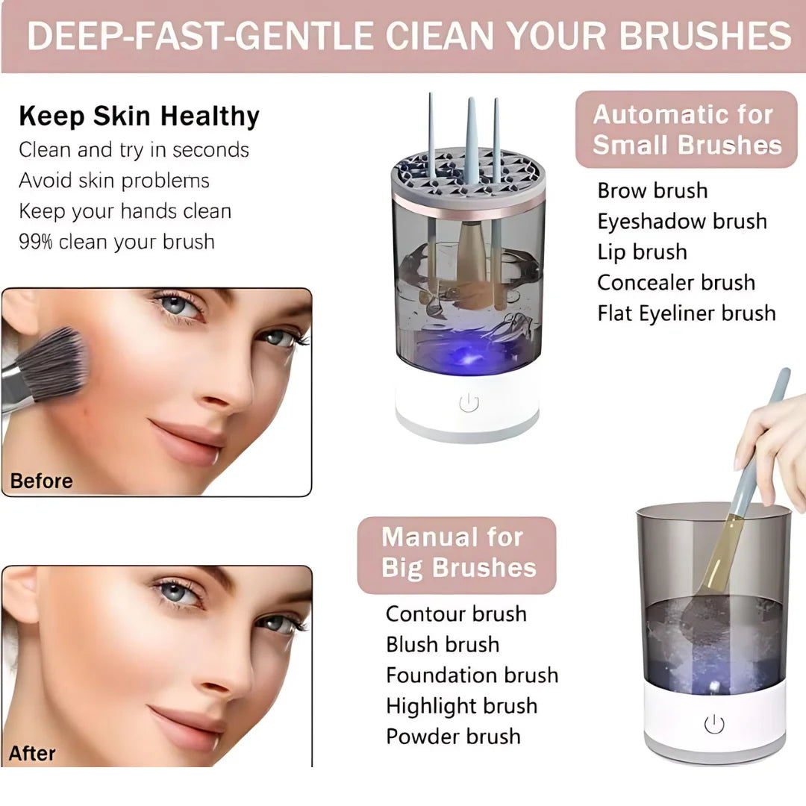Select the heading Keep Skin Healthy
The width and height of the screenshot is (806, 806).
[139, 116]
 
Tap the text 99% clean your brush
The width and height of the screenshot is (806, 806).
[116, 242]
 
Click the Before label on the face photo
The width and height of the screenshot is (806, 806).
[42, 481]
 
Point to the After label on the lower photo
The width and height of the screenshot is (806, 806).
[33, 753]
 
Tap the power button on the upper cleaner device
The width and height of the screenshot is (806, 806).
[469, 404]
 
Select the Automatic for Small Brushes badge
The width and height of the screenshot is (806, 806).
[687, 129]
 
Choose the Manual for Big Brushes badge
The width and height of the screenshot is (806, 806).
[457, 553]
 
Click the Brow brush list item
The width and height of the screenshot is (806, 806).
[652, 190]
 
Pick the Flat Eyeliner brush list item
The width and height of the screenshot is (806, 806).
[687, 313]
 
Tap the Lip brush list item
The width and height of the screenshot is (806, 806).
[642, 252]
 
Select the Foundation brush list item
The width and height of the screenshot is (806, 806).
[472, 675]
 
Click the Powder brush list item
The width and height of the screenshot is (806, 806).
[453, 737]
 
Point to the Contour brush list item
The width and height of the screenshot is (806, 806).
[456, 614]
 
